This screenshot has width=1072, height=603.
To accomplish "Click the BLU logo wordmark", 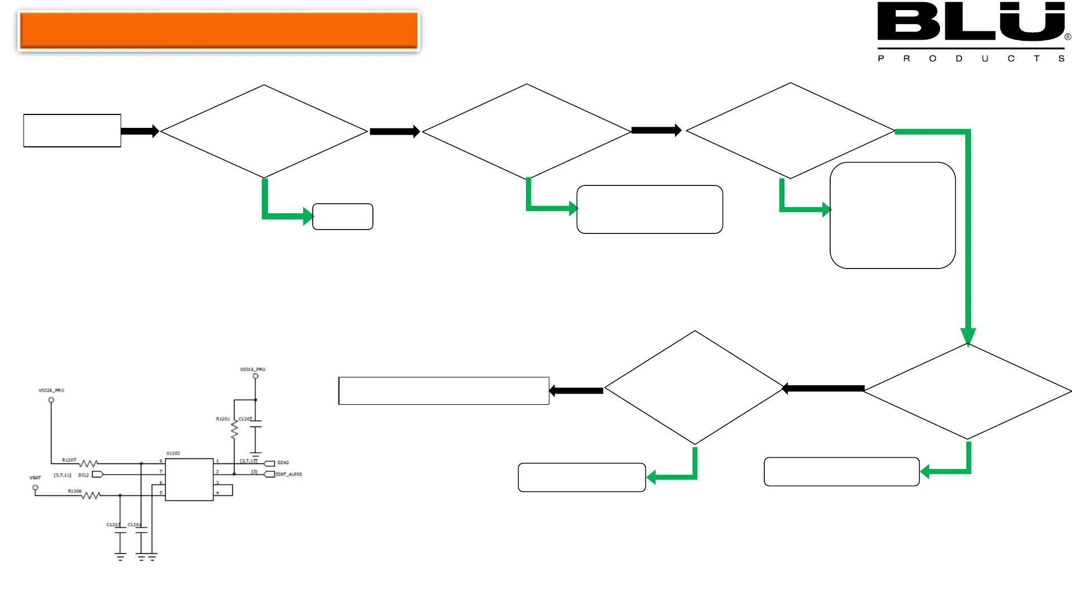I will tap(970, 22).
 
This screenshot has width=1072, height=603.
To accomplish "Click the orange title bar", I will tap(218, 31).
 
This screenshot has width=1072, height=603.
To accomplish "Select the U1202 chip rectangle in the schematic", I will tap(189, 480).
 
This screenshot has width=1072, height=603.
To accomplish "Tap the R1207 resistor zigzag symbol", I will tap(88, 463).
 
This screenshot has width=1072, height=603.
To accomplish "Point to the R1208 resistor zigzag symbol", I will tap(91, 495).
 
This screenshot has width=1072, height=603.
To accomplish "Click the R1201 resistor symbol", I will tap(234, 429).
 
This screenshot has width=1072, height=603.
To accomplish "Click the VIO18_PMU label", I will tap(252, 370).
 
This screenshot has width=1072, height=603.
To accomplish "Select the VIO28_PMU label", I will tap(51, 390).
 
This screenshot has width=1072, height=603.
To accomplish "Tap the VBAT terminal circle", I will tap(35, 487).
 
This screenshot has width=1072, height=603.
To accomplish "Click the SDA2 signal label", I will tap(283, 463).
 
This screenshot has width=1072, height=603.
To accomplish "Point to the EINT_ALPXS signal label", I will tap(289, 475).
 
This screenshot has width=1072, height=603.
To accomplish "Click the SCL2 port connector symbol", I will tap(97, 475).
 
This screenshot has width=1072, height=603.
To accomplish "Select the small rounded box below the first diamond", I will tap(343, 217).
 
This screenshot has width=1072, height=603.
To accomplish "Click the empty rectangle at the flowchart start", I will tap(72, 131).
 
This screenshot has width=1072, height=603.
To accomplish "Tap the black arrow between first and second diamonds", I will tap(394, 132).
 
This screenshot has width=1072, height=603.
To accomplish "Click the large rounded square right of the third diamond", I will tap(892, 216).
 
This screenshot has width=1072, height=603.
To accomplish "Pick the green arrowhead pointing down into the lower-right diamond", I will tap(968, 336).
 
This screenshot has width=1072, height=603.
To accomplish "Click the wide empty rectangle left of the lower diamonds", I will tap(444, 391).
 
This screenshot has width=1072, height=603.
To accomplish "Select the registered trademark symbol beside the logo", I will tap(1068, 37).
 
